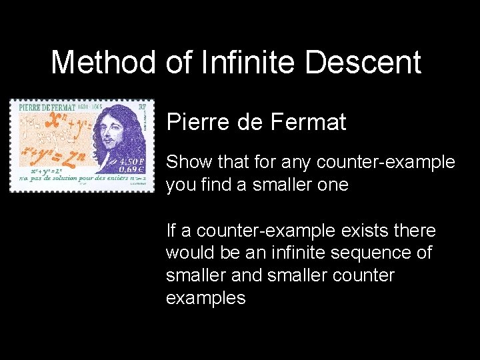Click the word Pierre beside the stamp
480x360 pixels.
tap(196, 122)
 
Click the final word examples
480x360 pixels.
tap(205, 298)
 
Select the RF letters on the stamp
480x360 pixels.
tap(141, 106)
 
